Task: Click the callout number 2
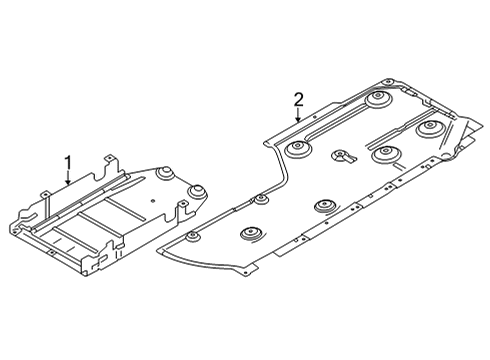298,98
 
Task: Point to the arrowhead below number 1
68,186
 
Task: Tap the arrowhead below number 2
298,122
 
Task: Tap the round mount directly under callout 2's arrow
297,152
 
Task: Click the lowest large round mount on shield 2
250,236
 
